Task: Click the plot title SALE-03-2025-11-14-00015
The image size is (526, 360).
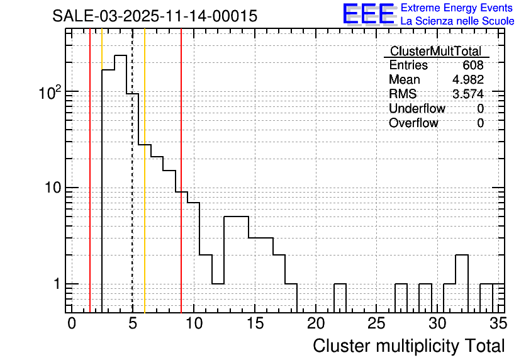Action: [155, 16]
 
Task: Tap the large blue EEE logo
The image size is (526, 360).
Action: [368, 14]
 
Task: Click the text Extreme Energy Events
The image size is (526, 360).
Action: [457, 8]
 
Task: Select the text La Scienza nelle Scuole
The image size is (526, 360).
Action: [457, 21]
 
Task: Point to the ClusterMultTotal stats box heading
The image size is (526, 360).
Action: [435, 51]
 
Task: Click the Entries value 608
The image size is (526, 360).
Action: [473, 65]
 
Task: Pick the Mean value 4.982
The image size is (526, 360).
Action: [467, 80]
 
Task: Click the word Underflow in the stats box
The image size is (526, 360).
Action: [417, 109]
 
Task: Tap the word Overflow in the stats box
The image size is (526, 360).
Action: [413, 123]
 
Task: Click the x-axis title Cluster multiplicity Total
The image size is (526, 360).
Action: [408, 346]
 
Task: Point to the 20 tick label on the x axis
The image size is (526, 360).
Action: [315, 323]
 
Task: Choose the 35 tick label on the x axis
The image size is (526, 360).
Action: [498, 323]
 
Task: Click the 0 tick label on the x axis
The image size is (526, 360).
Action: [72, 323]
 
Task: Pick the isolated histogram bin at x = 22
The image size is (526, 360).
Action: [340, 296]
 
